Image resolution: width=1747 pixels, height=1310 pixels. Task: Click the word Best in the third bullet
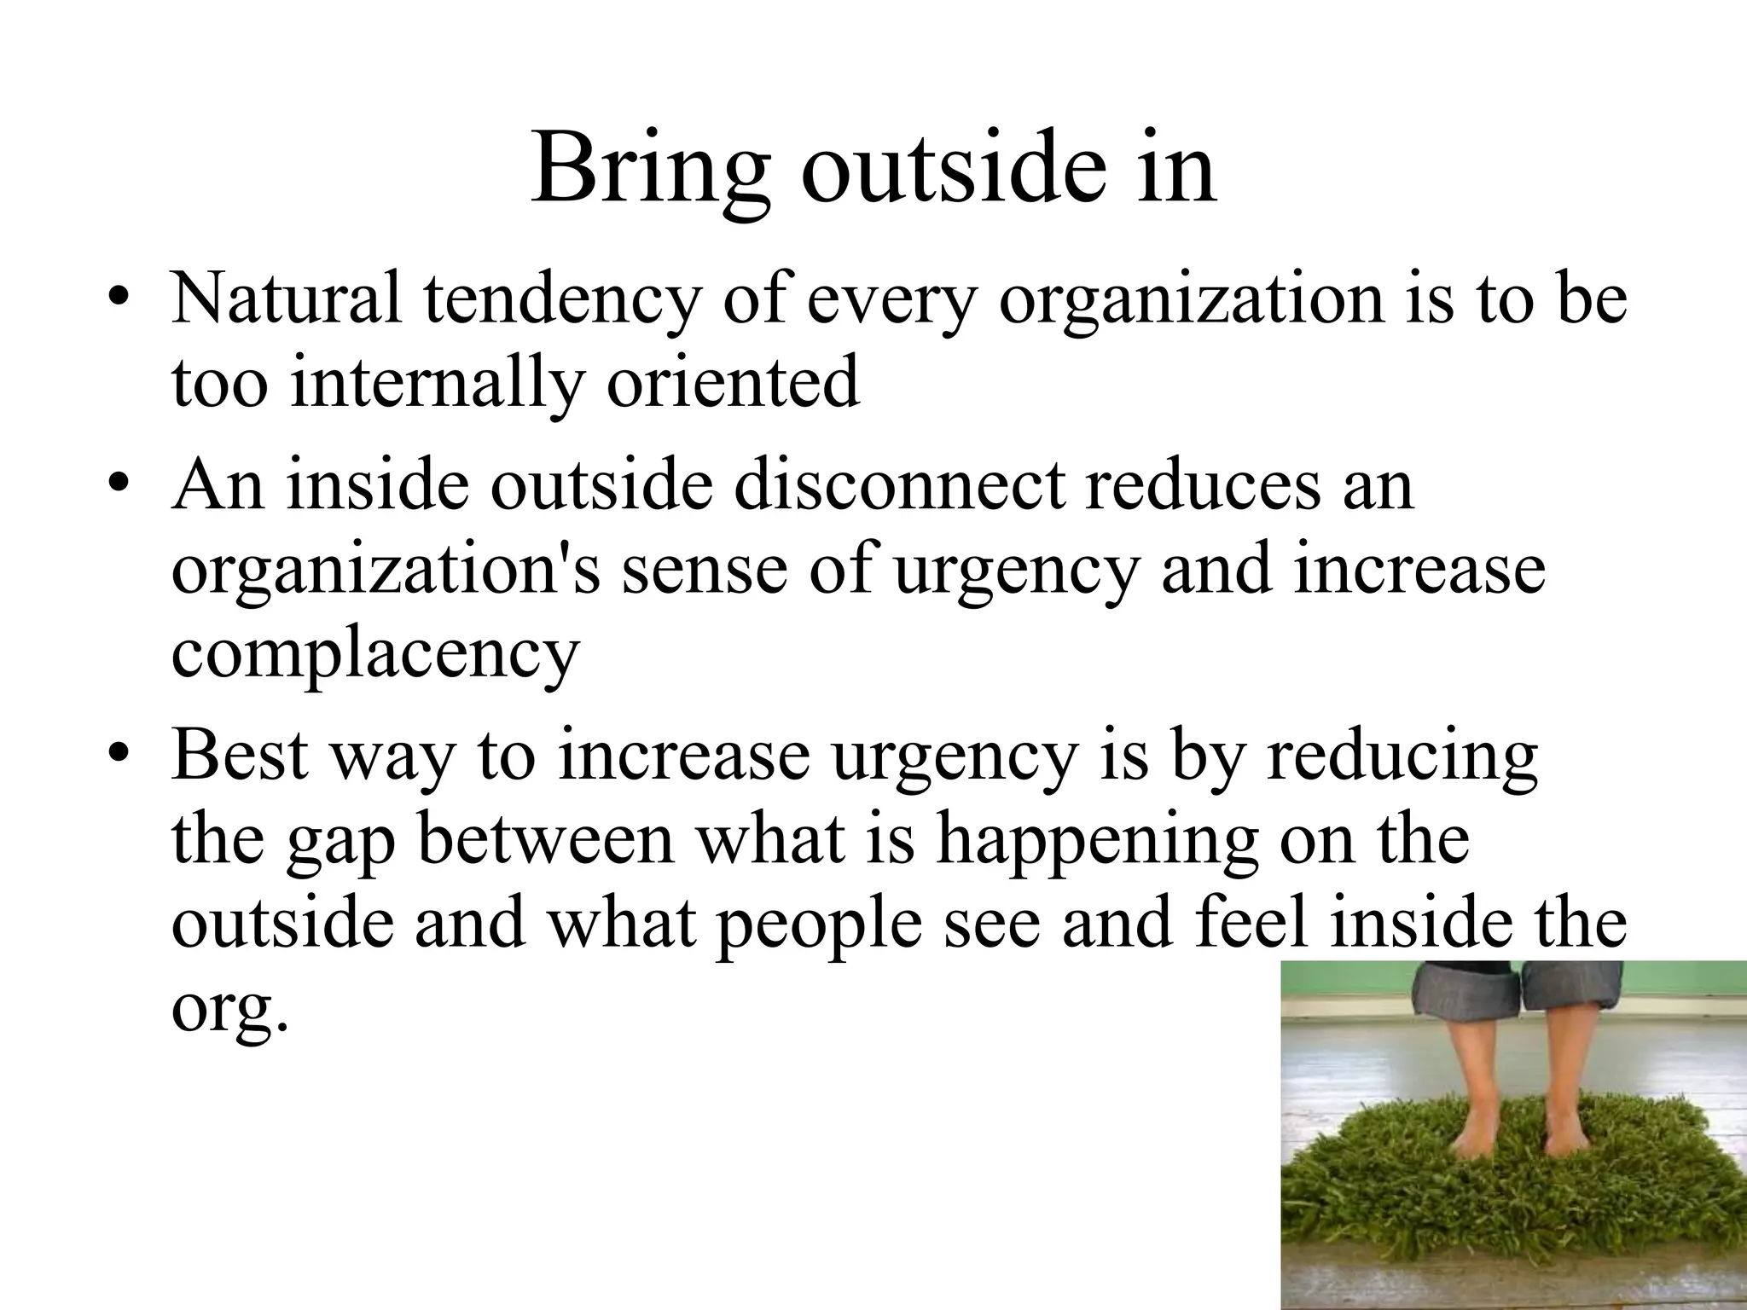pos(240,754)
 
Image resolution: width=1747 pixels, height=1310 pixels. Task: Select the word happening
pos(1096,841)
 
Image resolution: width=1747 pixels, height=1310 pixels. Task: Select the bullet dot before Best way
pos(120,754)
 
